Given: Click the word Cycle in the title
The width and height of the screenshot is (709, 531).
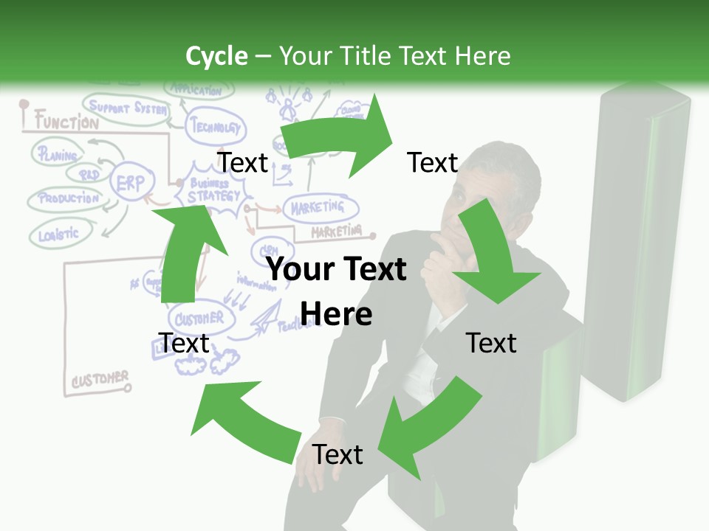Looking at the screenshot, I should coord(216,56).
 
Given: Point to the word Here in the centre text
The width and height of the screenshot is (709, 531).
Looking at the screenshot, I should coord(336,314).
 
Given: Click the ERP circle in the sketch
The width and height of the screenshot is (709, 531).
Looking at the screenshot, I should coord(132,183).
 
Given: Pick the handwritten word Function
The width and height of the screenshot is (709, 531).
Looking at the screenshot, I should coord(66,122).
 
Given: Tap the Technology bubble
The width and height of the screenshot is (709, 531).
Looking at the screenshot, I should coord(215,126).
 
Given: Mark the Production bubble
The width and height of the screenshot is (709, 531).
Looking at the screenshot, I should coord(67,198).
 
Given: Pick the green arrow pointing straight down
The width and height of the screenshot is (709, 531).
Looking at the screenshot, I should coord(488,254).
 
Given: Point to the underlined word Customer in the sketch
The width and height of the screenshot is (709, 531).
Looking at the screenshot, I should coord(100,380).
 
